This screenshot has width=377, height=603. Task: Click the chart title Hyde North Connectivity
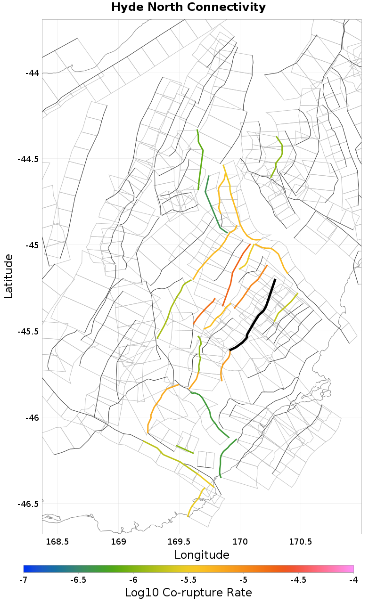click(188, 8)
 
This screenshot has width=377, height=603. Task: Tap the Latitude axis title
click(8, 276)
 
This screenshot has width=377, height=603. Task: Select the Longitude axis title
click(202, 554)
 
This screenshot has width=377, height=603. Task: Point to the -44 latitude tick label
click(33, 73)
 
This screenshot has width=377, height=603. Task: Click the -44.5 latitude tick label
click(29, 159)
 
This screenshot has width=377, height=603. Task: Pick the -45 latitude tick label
click(33, 245)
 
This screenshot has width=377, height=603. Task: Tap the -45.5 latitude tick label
click(29, 332)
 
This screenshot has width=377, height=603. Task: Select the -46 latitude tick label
click(33, 418)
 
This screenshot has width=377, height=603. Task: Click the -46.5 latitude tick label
click(29, 504)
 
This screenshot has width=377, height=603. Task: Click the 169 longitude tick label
click(119, 542)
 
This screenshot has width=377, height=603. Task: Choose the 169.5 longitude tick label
click(180, 542)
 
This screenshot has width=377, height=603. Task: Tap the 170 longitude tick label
click(240, 542)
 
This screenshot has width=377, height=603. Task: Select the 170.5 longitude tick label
click(301, 542)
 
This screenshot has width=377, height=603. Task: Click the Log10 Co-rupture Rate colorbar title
click(188, 592)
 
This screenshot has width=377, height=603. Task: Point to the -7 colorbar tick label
click(24, 579)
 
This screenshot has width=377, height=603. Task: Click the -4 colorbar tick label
click(353, 579)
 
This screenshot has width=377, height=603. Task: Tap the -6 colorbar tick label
click(133, 579)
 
